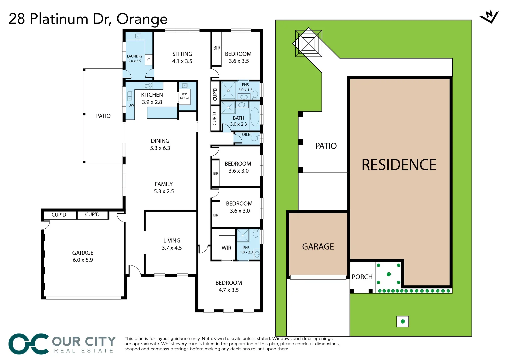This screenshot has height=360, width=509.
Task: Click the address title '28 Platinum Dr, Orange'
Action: click(88, 19)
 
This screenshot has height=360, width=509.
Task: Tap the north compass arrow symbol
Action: click(489, 17)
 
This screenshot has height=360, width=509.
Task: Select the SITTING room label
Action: click(182, 57)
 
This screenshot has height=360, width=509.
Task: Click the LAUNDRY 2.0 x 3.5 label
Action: click(135, 59)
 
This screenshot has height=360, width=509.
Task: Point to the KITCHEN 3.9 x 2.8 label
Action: click(152, 98)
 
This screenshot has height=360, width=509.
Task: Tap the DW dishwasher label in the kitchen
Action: click(131, 105)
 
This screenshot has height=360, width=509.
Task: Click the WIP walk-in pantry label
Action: click(184, 96)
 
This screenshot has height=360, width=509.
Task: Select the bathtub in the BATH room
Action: click(255, 117)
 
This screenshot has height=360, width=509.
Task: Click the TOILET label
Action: click(246, 135)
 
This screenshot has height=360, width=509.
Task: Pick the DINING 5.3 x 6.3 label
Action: click(160, 144)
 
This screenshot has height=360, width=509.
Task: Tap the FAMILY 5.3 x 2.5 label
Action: click(164, 187)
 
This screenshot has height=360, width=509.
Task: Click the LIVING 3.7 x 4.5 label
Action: click(172, 244)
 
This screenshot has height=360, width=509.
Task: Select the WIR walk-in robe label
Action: click(226, 248)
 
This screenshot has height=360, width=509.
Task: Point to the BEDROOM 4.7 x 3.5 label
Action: click(229, 286)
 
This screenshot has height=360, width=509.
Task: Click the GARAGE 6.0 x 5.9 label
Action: click(83, 256)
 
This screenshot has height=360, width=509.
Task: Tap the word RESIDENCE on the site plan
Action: click(399, 165)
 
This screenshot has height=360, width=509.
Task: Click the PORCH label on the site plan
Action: click(362, 277)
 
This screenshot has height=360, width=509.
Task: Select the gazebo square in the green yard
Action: click(309, 43)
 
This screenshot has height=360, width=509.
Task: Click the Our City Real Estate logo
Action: click(62, 344)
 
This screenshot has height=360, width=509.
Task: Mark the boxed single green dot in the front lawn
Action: click(403, 322)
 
